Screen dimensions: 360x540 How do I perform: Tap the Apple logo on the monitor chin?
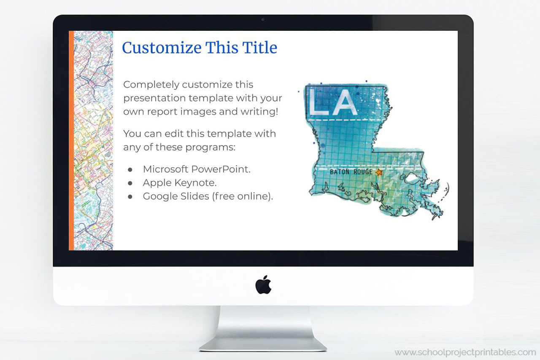pyautogui.click(x=263, y=285)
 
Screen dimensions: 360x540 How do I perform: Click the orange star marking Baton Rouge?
pyautogui.click(x=378, y=172)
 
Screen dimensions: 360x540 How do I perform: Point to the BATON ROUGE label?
pyautogui.click(x=351, y=172)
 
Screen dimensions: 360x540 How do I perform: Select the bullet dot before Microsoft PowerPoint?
pyautogui.click(x=130, y=169)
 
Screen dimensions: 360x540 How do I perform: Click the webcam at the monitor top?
pyautogui.click(x=263, y=19)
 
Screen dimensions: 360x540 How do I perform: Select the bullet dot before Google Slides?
pyautogui.click(x=130, y=196)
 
